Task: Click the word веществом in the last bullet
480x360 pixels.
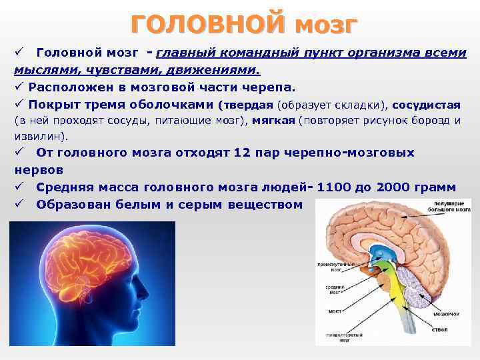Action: pos(265,205)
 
